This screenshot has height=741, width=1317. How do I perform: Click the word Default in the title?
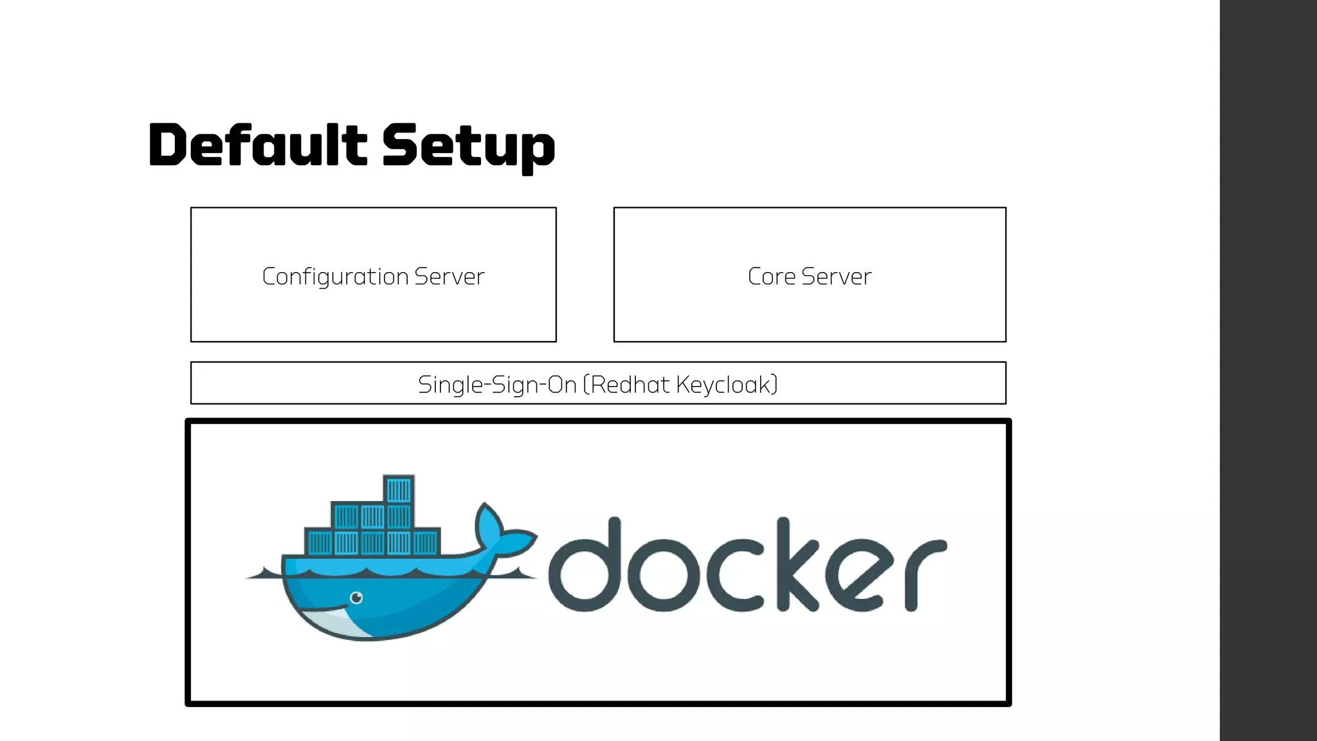(257, 145)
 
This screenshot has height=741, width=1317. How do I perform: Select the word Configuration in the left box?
(335, 277)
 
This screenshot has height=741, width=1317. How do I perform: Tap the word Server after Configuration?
(449, 277)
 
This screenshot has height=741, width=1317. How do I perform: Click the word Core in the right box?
(771, 277)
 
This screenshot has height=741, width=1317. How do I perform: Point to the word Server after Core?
(836, 277)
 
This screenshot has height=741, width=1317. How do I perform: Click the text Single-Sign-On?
(497, 385)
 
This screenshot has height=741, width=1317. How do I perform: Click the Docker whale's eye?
(356, 598)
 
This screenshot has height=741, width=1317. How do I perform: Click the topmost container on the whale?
(398, 490)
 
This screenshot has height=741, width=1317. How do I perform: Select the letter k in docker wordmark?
(797, 566)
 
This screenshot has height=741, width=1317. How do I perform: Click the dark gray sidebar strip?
(1268, 370)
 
